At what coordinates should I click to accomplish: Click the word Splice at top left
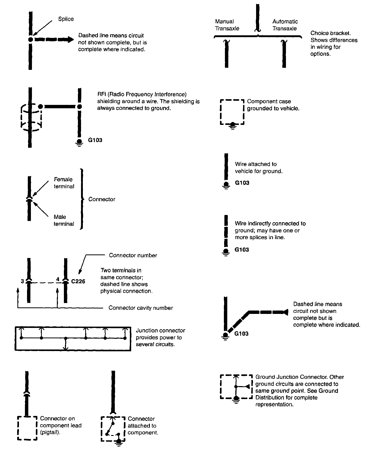tap(66, 19)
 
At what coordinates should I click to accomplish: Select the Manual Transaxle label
tap(227, 25)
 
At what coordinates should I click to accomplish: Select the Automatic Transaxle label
tap(285, 25)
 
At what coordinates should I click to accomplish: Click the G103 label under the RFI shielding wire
tap(95, 140)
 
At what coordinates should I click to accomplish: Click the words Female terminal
tap(64, 183)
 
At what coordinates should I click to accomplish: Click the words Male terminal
tap(64, 220)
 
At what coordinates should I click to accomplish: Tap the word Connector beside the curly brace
tap(102, 199)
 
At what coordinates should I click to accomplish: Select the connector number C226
tap(78, 281)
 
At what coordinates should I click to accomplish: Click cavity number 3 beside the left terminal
tap(22, 281)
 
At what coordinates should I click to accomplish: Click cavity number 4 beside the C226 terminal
tap(58, 279)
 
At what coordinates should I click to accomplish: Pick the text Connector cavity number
tap(141, 308)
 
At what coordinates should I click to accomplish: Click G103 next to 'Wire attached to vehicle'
tap(242, 183)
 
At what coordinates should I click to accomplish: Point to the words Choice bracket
tap(330, 33)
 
